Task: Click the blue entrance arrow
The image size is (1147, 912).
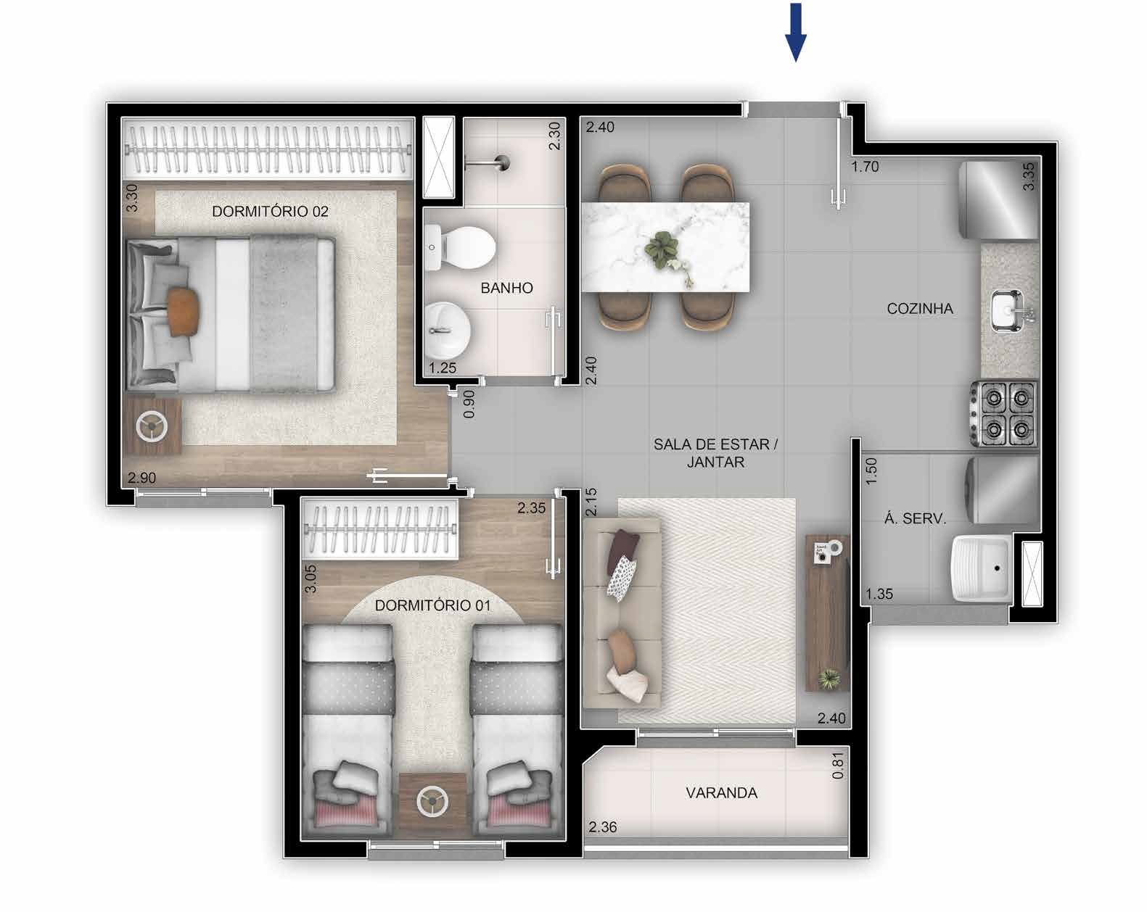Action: (795, 32)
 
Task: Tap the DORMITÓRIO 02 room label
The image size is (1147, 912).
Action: (270, 212)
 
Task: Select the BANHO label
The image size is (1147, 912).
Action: (506, 289)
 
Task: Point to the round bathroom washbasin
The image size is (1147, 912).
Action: (447, 331)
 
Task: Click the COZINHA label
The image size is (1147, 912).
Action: (920, 308)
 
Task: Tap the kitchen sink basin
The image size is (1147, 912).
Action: (1007, 310)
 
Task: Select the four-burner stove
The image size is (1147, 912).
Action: (1004, 413)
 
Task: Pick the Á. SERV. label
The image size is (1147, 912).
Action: (915, 518)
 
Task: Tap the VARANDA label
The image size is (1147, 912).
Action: (721, 793)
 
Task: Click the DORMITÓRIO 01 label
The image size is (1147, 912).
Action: (432, 605)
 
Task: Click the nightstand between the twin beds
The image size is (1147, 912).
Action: (432, 803)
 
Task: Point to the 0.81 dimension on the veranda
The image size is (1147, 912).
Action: (838, 766)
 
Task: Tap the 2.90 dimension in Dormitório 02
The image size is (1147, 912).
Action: (141, 478)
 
